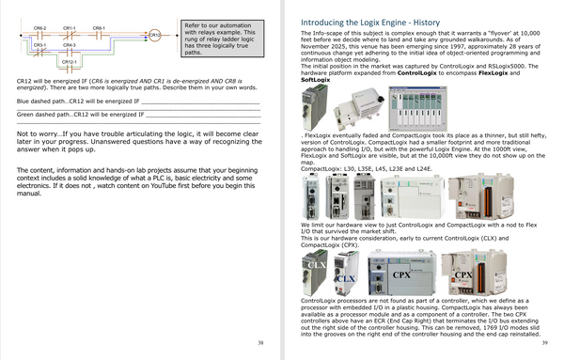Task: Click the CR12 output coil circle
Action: (x=154, y=36)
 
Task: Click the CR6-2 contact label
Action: (x=40, y=29)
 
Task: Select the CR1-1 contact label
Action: (x=70, y=29)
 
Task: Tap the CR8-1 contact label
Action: (x=99, y=29)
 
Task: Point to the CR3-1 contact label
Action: (x=40, y=44)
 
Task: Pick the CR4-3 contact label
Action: (x=70, y=44)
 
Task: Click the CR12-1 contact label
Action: (x=70, y=60)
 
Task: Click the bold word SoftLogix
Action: (x=316, y=83)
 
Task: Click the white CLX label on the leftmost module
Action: (x=316, y=266)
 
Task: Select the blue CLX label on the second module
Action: (x=346, y=279)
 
